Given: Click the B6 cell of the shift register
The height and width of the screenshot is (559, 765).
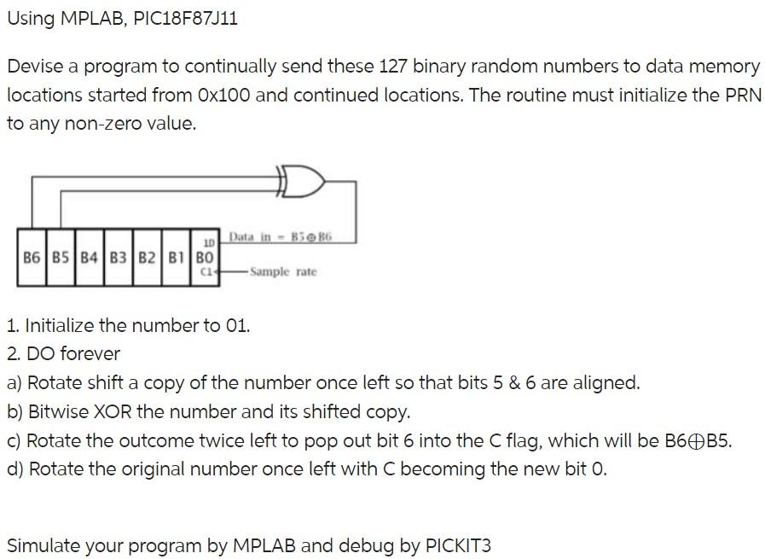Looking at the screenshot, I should coord(32,256).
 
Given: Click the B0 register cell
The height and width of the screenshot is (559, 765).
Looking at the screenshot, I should coord(205,256).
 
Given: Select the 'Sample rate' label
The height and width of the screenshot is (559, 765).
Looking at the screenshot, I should coord(283,271).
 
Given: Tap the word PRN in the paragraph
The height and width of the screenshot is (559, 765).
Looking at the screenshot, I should coord(739,95).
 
